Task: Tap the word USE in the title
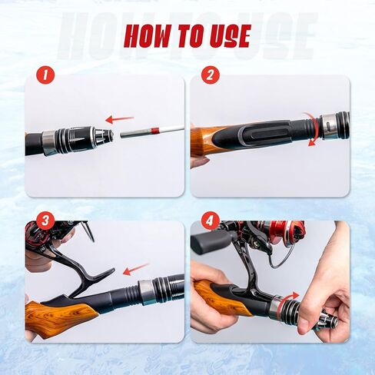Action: pyautogui.click(x=226, y=35)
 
